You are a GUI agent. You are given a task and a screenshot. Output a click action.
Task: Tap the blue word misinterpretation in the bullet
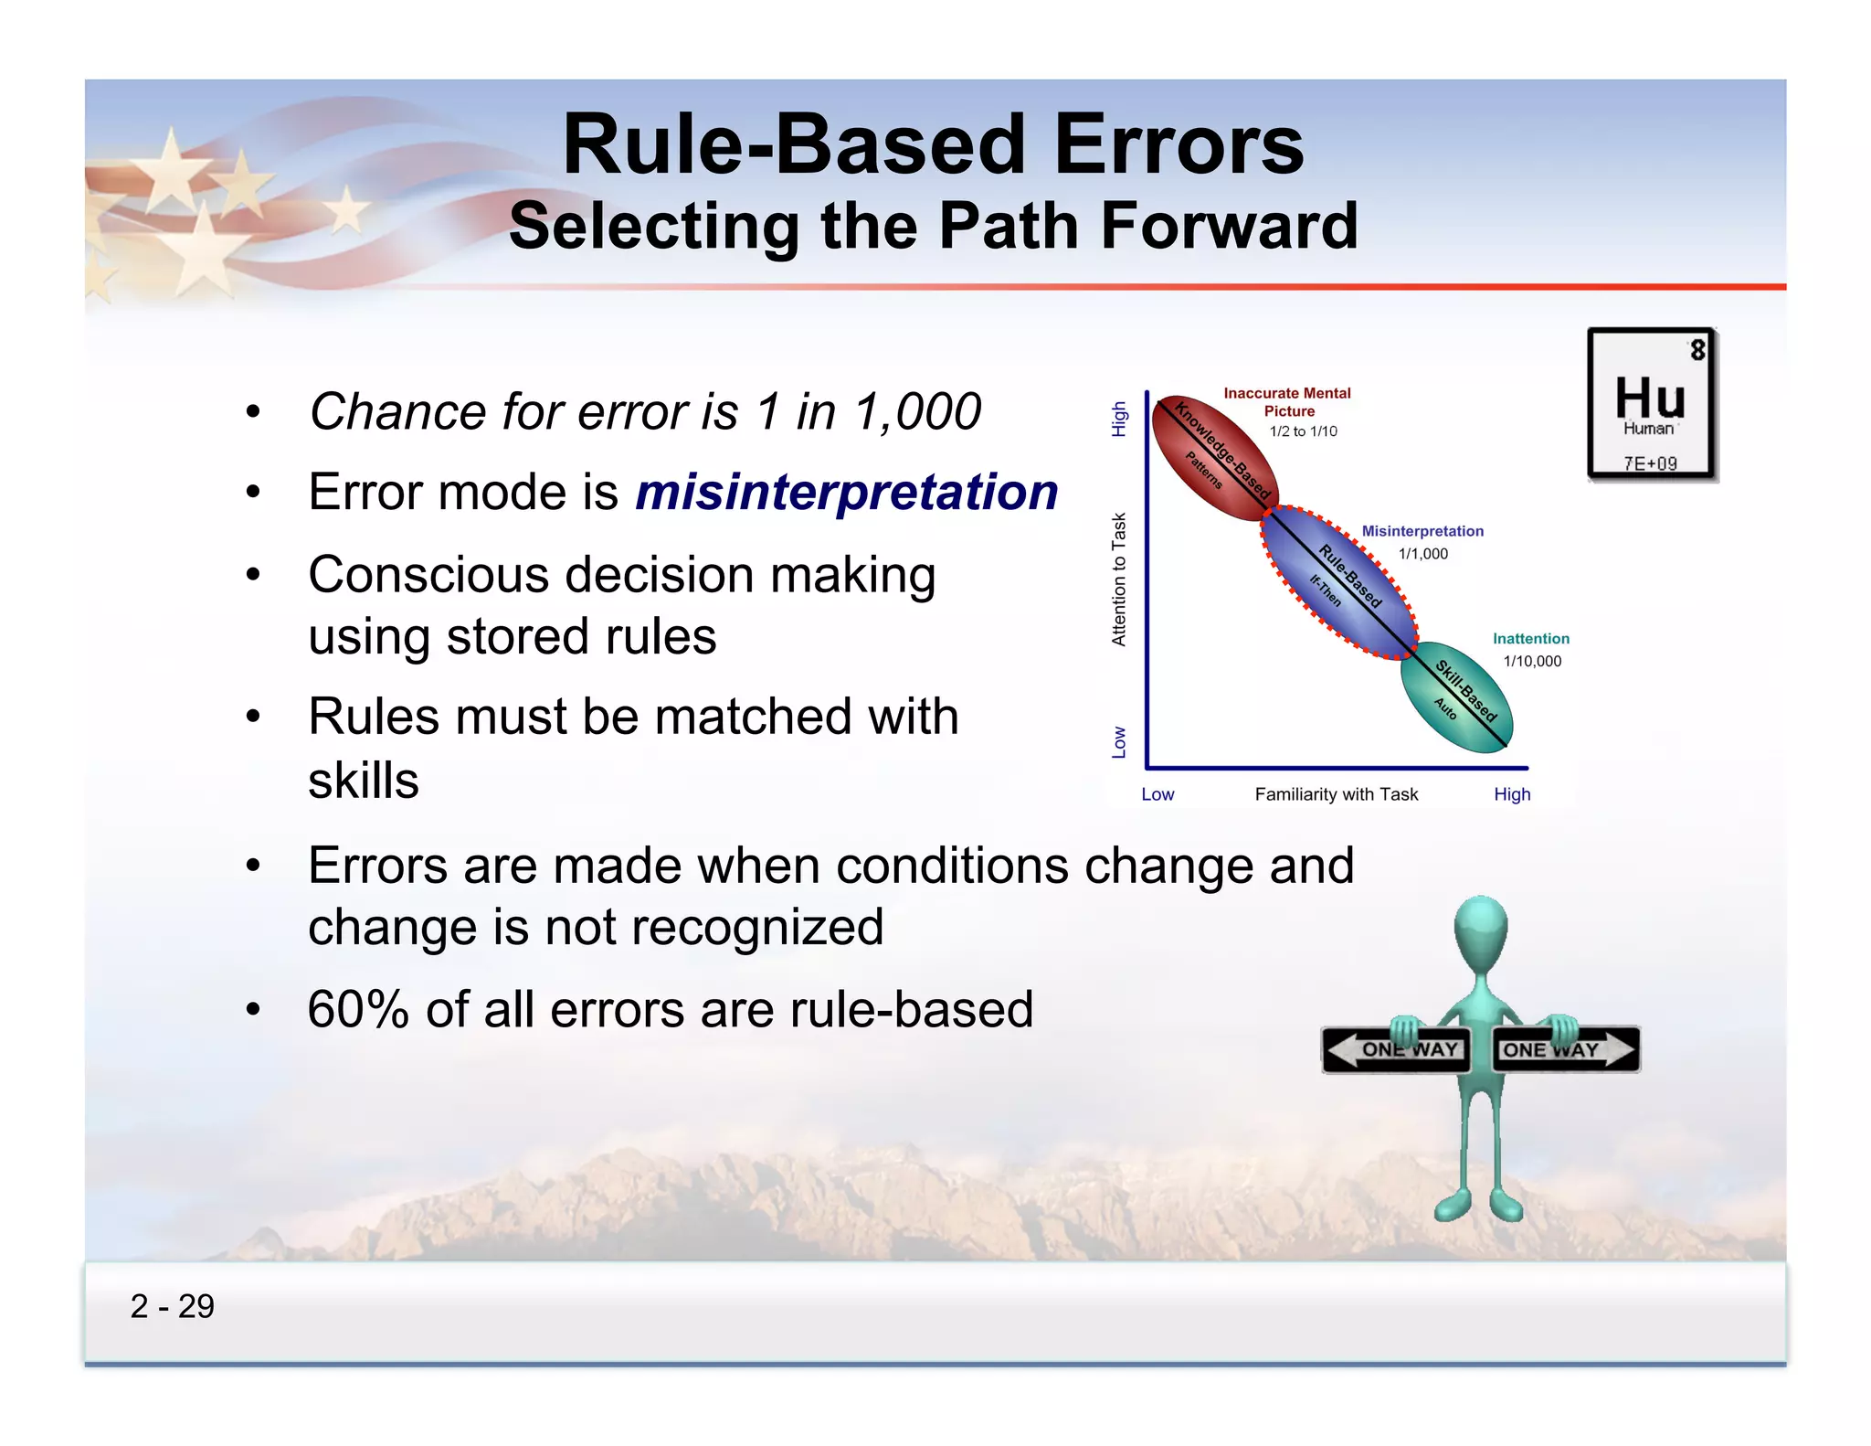coord(846,492)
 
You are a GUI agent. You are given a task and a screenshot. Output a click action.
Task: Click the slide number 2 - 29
coord(172,1306)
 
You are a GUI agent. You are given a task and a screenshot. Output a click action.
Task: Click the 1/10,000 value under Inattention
coord(1532,661)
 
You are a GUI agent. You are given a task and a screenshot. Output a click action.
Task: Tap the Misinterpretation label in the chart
coord(1422,531)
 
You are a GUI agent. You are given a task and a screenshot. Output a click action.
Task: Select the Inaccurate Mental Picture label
coord(1287,402)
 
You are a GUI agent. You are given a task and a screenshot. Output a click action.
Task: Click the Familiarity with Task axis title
coord(1336,794)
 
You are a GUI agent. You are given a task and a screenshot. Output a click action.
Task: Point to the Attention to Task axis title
coord(1119,579)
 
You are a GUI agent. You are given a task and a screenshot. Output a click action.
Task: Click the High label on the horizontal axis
coord(1512,794)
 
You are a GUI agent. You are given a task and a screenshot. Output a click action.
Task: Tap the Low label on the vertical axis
coord(1119,742)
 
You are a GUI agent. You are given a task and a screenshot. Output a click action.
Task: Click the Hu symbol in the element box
coord(1649,398)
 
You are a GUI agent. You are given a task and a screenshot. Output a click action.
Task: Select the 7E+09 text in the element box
coord(1650,463)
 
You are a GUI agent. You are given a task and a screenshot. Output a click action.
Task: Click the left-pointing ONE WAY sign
coord(1395,1049)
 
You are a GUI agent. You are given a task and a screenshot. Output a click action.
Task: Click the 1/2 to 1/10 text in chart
coord(1303,431)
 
